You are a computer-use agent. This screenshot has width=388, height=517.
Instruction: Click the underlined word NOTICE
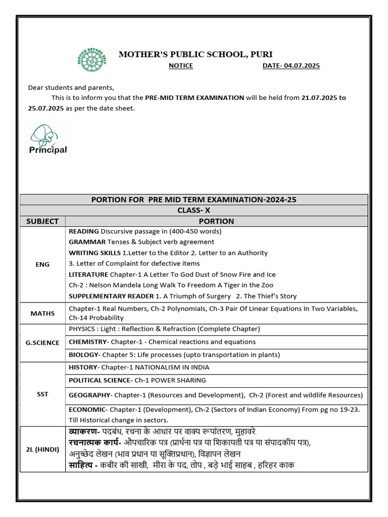[x=181, y=66]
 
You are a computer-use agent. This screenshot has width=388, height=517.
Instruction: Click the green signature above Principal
[x=47, y=134]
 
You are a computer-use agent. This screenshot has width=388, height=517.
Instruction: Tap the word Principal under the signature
[x=48, y=150]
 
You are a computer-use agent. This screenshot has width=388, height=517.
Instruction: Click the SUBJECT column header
[x=42, y=221]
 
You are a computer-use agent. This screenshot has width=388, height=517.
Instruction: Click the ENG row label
[x=42, y=264]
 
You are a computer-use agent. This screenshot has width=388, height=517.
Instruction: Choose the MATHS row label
[x=42, y=313]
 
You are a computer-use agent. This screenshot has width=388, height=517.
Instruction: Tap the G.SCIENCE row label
[x=42, y=342]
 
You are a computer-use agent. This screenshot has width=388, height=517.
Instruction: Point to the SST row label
[x=42, y=394]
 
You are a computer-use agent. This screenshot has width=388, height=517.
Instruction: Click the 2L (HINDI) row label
[x=42, y=449]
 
